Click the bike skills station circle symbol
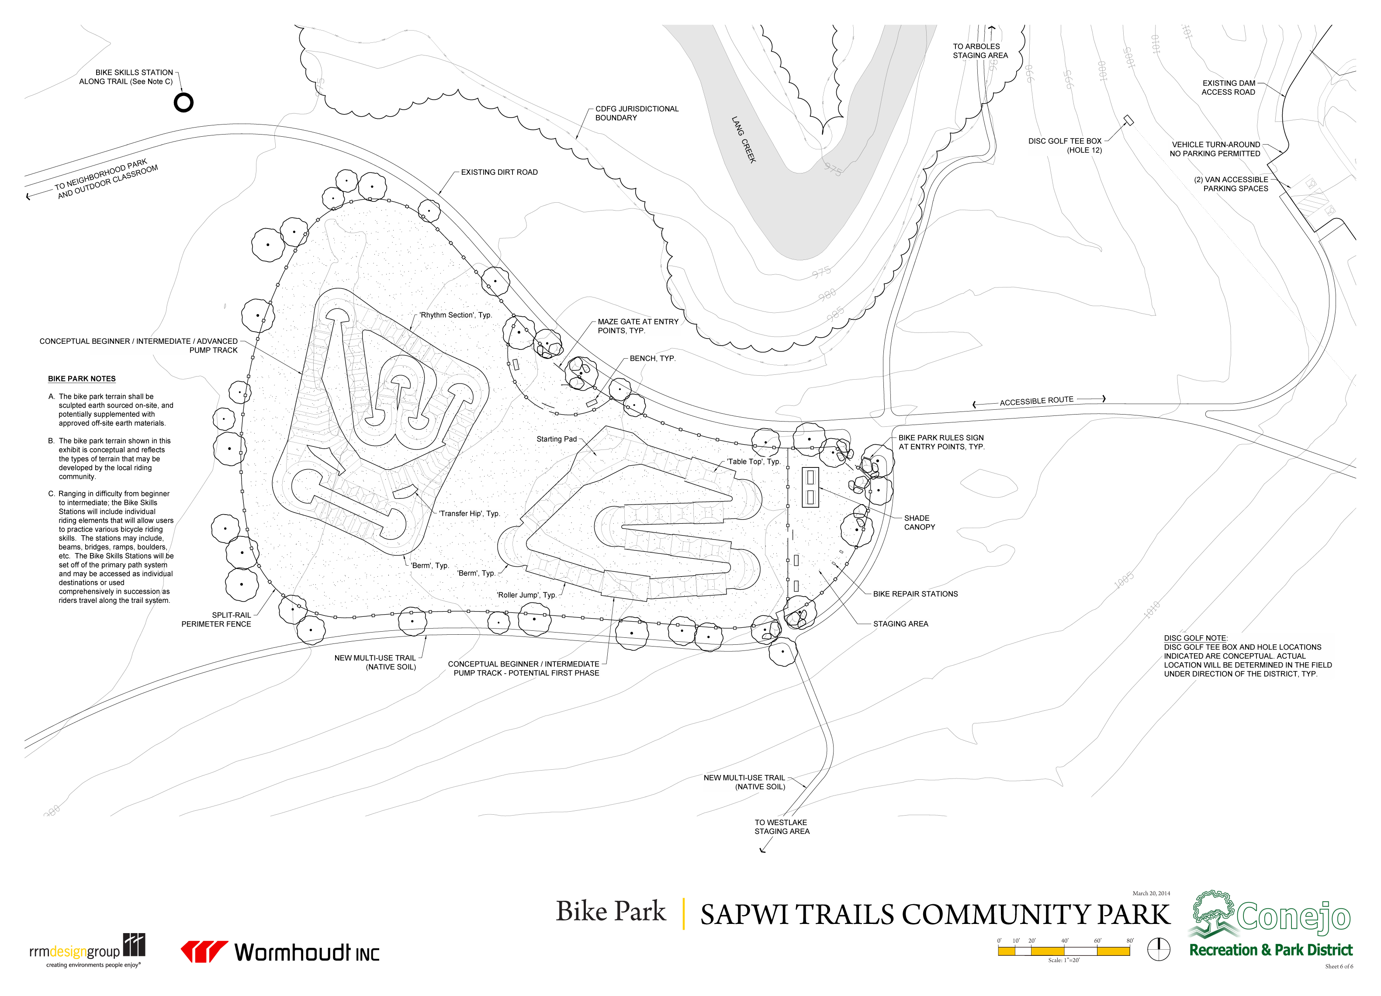[x=183, y=102]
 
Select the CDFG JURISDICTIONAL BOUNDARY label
[x=636, y=113]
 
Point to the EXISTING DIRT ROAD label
[x=499, y=172]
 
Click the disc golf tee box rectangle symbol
[x=1128, y=120]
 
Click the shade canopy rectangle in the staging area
[x=810, y=487]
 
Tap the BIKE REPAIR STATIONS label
[x=915, y=594]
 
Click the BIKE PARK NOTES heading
[x=82, y=379]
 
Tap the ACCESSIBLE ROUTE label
[x=1036, y=401]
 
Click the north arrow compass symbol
[x=1159, y=949]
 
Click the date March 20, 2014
[x=1151, y=893]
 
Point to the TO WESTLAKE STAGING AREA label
[x=782, y=827]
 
